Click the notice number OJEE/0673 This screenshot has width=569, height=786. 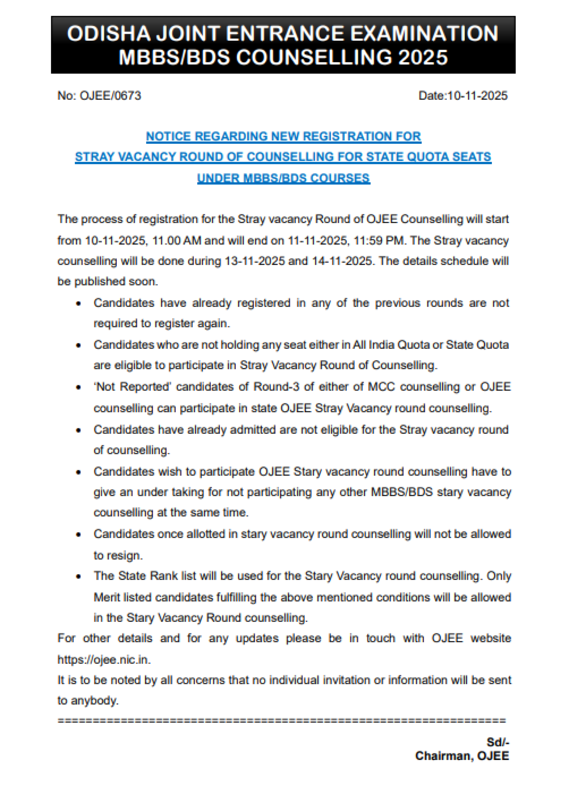coord(110,96)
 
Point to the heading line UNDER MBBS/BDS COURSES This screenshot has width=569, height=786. coord(284,178)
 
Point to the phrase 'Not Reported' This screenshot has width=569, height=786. coord(132,387)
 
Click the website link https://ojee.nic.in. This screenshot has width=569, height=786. coord(104,660)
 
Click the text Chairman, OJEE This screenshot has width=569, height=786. coord(462,756)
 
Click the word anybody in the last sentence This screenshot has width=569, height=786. coord(94,701)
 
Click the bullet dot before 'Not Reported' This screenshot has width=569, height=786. coord(79,387)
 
